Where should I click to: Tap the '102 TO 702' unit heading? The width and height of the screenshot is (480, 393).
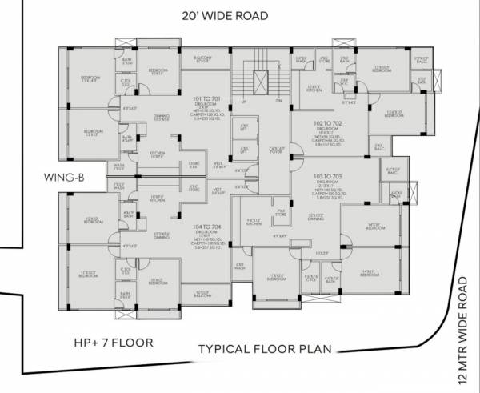click(327, 122)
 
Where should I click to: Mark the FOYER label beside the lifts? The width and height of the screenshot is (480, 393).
click(276, 151)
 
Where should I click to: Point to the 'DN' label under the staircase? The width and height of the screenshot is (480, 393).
click(279, 102)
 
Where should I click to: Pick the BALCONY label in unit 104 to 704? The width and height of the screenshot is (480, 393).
click(202, 295)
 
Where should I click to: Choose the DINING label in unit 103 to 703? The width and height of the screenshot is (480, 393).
click(315, 219)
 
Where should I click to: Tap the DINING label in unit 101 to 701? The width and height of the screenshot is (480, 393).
click(161, 117)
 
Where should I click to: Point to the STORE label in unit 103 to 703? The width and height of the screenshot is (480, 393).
click(278, 214)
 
